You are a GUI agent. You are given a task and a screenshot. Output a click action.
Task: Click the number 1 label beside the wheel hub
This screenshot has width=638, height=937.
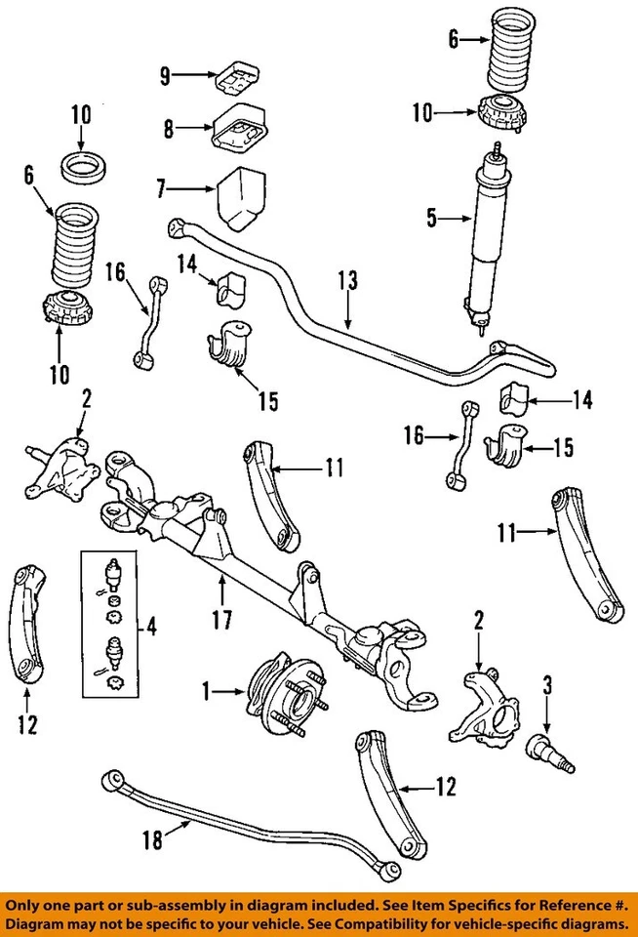205,693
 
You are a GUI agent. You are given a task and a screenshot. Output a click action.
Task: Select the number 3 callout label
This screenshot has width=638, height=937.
546,683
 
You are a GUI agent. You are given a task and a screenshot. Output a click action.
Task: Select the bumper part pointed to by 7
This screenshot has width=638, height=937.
240,200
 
